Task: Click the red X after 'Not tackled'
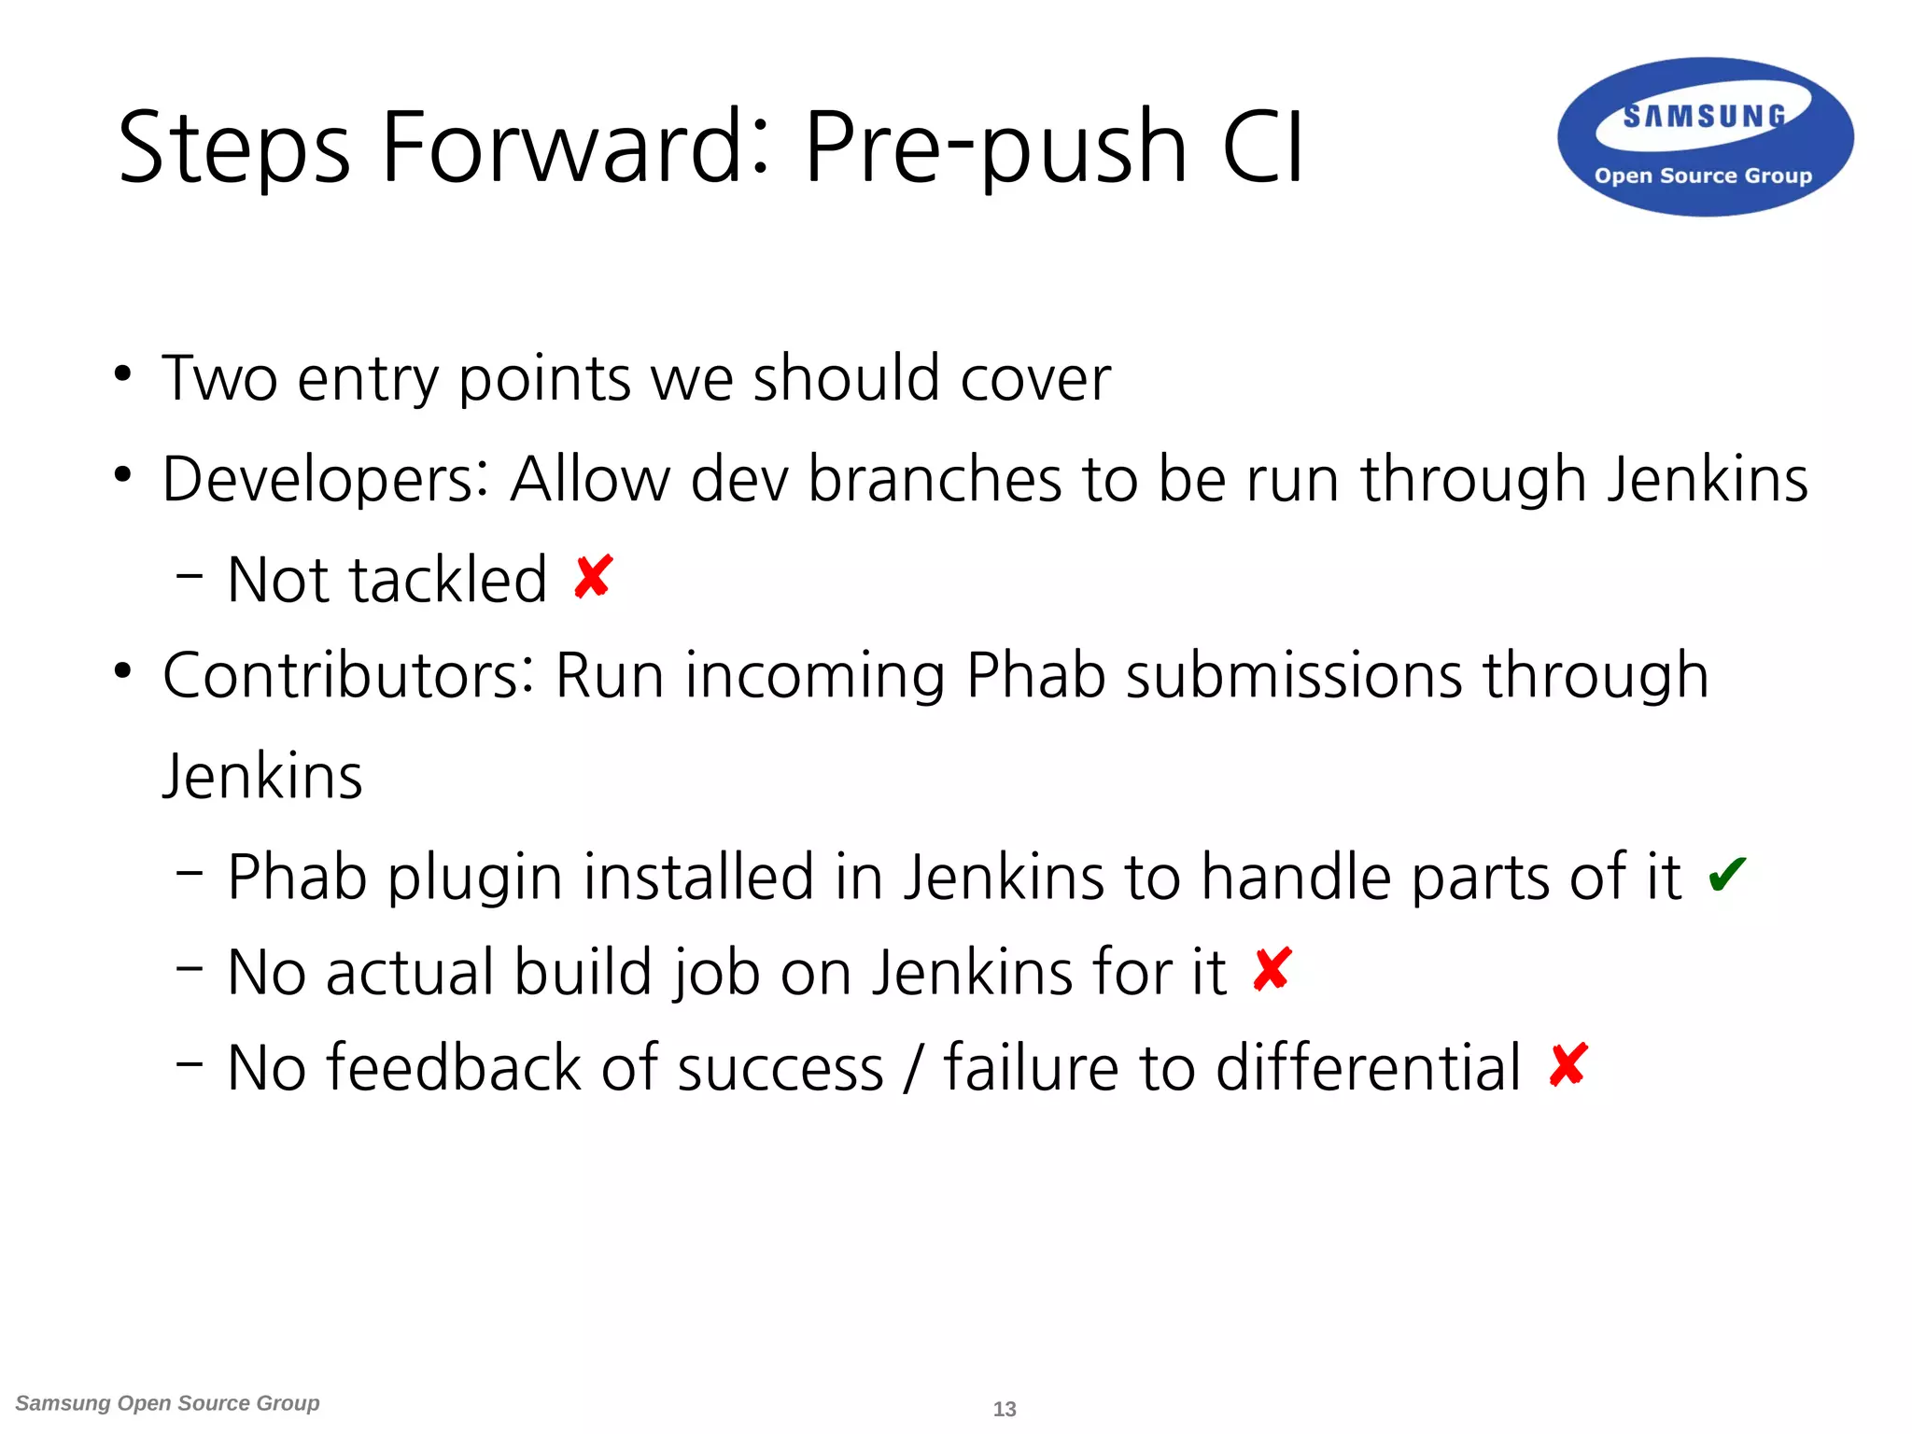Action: coord(593,577)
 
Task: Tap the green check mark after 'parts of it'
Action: coord(1726,875)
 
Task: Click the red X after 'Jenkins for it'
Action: coord(1272,970)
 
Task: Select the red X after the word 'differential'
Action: coord(1568,1065)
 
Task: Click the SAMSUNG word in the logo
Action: coord(1704,117)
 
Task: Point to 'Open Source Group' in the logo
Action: coord(1703,176)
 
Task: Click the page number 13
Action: coord(1005,1409)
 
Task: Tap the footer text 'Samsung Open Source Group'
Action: coord(167,1403)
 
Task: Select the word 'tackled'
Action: coord(448,579)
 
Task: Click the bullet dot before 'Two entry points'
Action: coord(122,374)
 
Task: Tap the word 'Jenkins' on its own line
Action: coord(262,776)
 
